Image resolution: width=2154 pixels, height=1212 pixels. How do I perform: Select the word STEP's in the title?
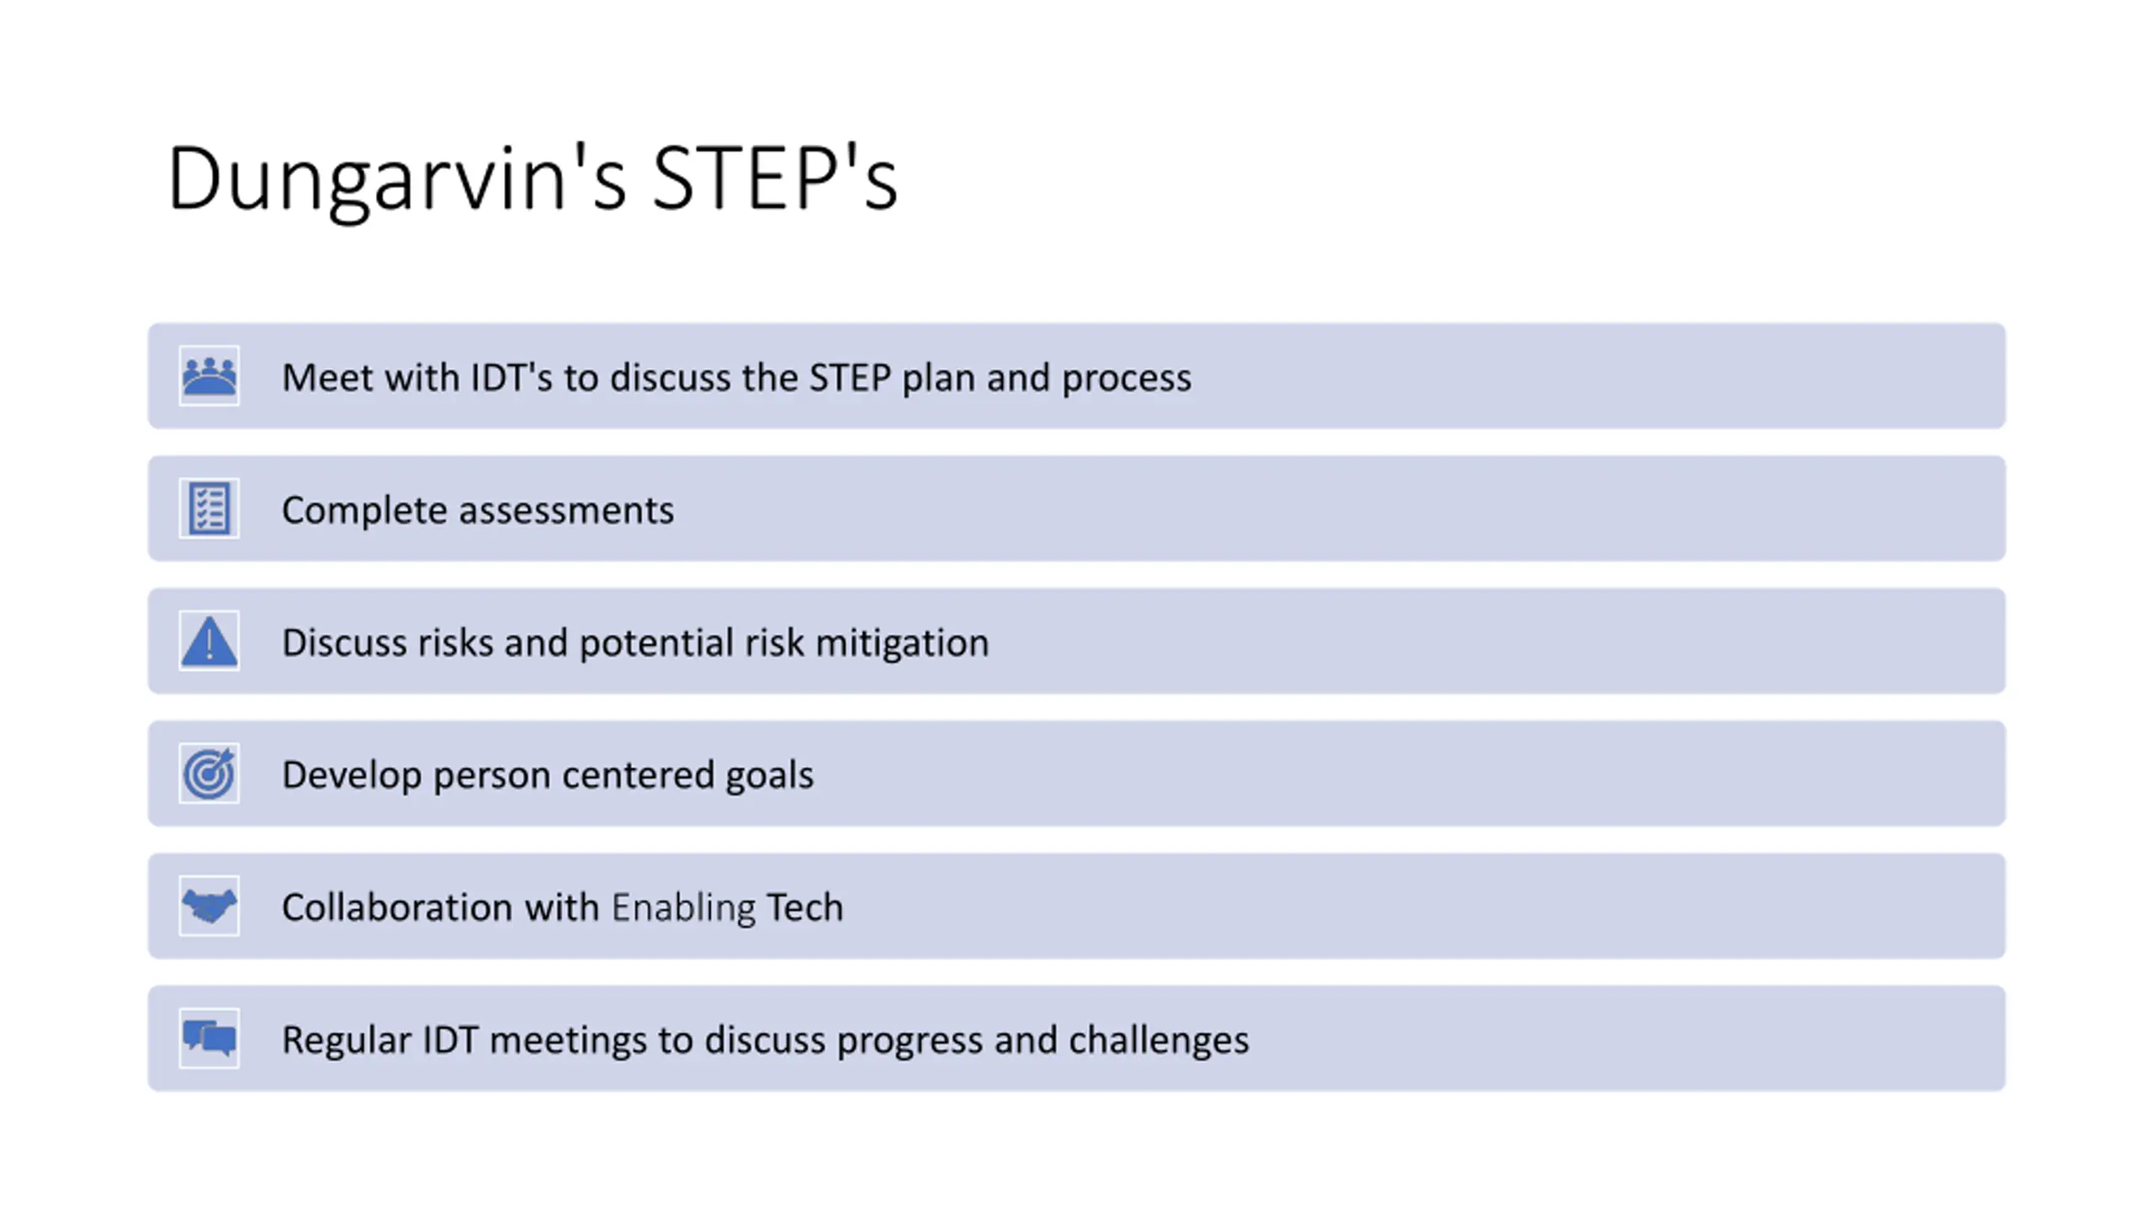tap(775, 178)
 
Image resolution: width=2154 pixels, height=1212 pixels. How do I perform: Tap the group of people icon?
tap(210, 376)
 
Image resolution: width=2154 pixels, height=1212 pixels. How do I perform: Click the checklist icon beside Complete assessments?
tap(210, 508)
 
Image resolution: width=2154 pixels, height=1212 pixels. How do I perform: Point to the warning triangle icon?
tap(210, 641)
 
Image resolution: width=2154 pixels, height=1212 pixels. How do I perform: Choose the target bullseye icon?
tap(210, 773)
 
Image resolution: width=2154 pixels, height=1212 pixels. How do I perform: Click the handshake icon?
tap(210, 906)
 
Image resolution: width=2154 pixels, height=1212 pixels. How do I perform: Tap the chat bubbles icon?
tap(210, 1038)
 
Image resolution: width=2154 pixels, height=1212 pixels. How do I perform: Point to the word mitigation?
tap(902, 644)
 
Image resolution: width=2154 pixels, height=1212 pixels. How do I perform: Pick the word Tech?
tap(804, 907)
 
